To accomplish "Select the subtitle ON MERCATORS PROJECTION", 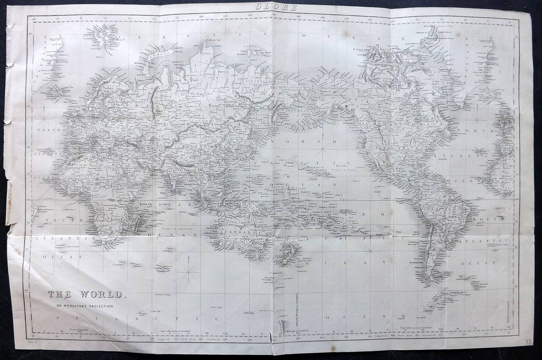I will [81, 306].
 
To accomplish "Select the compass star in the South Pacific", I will [371, 252].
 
